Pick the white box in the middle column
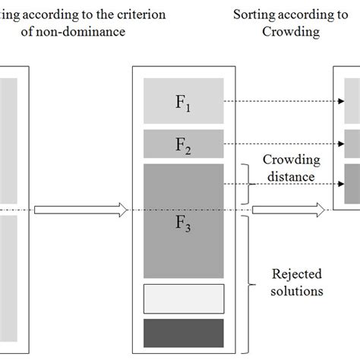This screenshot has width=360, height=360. [x=183, y=298]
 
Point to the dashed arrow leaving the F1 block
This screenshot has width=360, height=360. [x=281, y=100]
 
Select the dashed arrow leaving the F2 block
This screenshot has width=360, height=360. [x=281, y=143]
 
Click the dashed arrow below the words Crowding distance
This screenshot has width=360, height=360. [x=281, y=184]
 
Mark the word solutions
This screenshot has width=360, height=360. [x=298, y=290]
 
